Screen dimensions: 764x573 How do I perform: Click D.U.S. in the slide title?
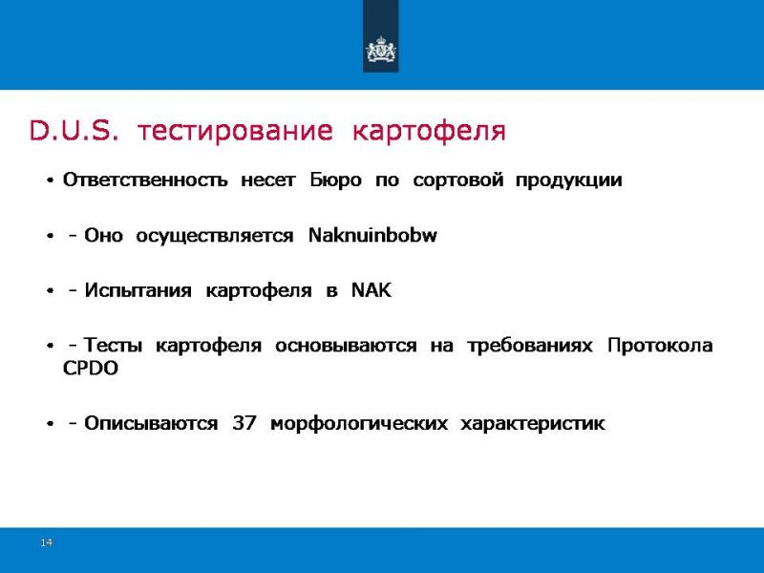[x=74, y=131]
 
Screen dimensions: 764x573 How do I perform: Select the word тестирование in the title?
[x=235, y=132]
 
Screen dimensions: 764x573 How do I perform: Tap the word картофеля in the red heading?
[x=429, y=132]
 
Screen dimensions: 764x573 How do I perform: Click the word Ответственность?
[x=145, y=180]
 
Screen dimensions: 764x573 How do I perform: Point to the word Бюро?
[x=336, y=180]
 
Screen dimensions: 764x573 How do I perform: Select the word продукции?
[x=568, y=180]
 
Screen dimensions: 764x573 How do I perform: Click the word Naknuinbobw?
[x=372, y=235]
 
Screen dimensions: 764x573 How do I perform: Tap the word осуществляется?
[x=214, y=236]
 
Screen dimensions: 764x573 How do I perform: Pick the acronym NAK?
[x=371, y=290]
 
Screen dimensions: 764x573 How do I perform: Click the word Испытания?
[x=138, y=290]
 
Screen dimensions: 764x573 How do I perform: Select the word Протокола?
[x=660, y=346]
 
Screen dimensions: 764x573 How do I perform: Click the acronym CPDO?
[x=91, y=368]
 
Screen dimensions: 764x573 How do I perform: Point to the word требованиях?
[x=530, y=346]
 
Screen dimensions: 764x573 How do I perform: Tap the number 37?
[x=244, y=423]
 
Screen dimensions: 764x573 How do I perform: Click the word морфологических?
[x=359, y=424]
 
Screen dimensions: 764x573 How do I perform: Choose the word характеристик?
[x=533, y=424]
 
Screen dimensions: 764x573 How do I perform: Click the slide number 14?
[x=46, y=542]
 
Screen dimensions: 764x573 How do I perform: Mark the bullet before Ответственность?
[x=50, y=180]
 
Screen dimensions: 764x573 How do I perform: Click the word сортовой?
[x=457, y=180]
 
